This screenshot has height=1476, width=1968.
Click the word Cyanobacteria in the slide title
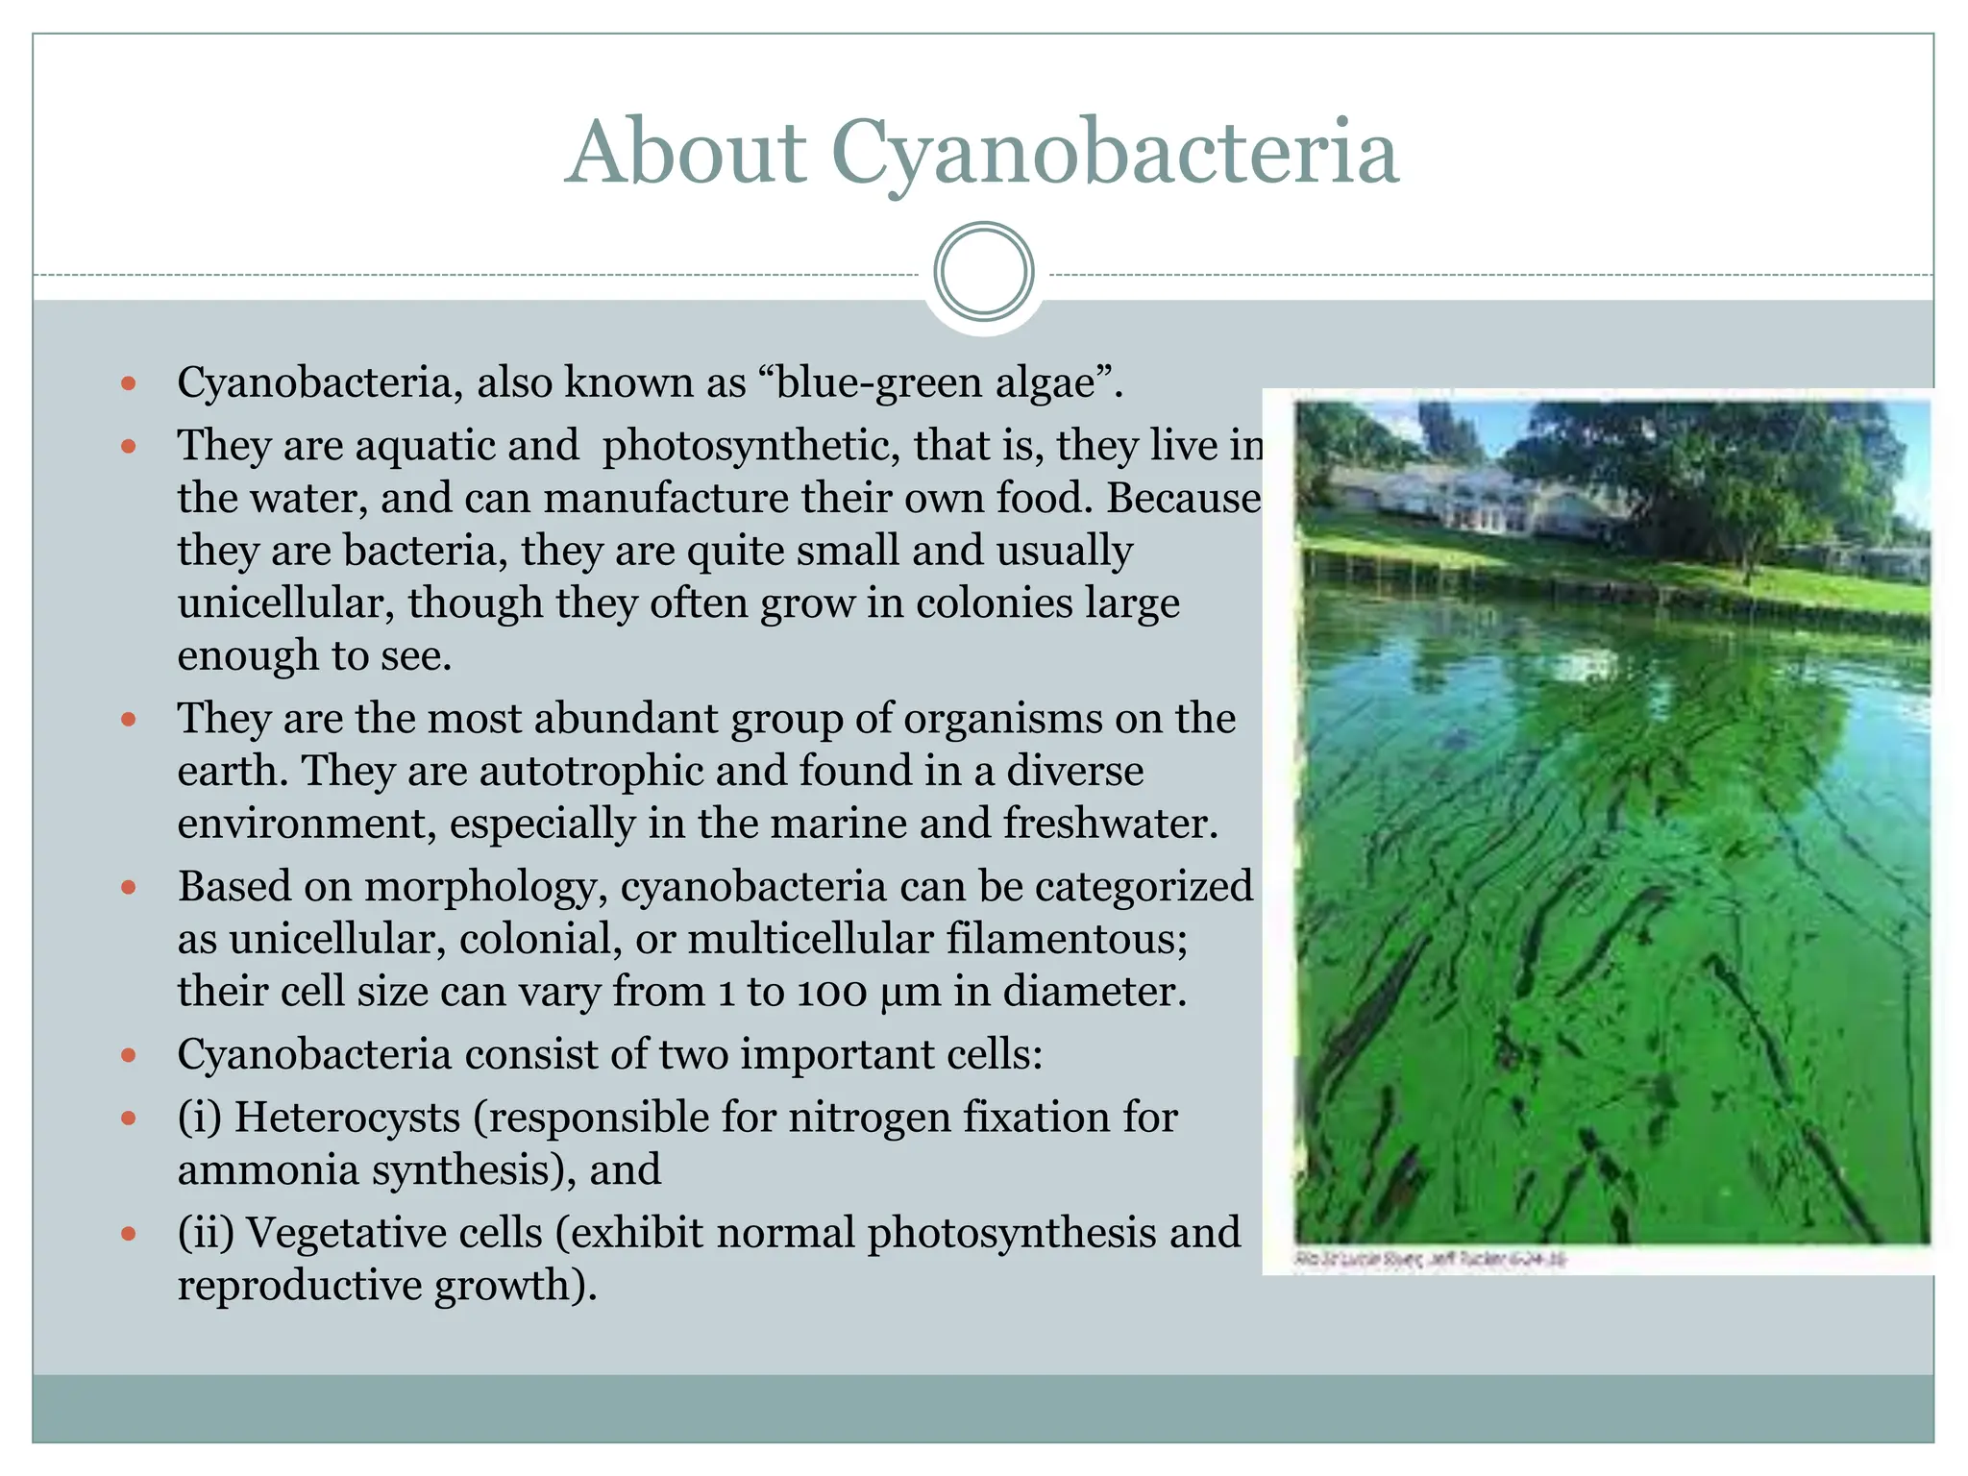[x=1115, y=154]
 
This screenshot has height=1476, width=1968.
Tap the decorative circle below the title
[x=984, y=272]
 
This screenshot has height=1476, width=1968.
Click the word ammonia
[x=268, y=1169]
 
